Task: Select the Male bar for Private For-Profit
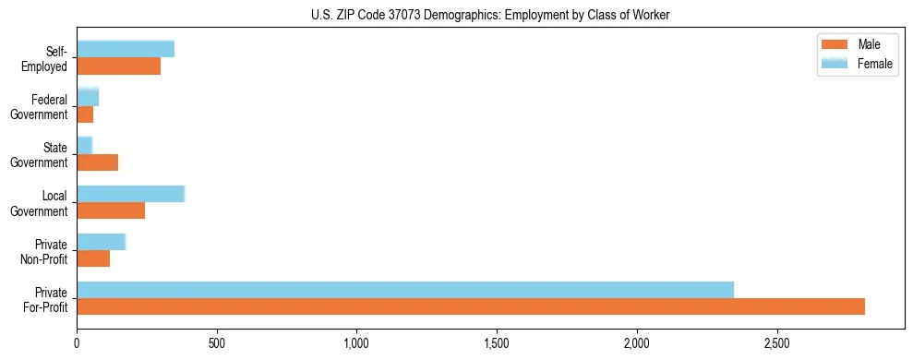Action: click(471, 306)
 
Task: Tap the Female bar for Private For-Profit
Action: click(405, 290)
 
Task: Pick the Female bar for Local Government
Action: click(131, 194)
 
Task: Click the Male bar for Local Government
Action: click(111, 210)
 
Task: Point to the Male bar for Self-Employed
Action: click(119, 66)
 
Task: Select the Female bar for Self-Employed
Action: click(126, 50)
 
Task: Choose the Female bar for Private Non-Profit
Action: click(102, 242)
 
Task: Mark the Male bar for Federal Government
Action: click(85, 114)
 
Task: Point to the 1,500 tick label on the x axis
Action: click(497, 342)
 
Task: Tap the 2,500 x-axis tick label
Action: click(777, 342)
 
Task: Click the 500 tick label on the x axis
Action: click(217, 342)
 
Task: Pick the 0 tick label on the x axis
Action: click(77, 342)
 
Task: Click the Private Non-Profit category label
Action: click(45, 251)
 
